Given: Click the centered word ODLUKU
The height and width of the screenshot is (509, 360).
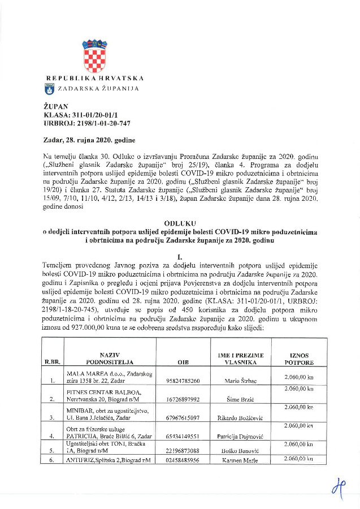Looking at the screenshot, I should [x=180, y=224].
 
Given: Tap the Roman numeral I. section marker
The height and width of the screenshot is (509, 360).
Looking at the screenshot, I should [x=180, y=256].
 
